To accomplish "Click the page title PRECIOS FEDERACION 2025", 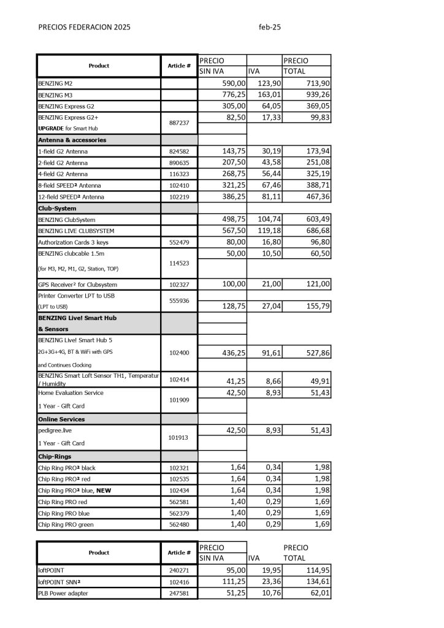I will [x=84, y=27].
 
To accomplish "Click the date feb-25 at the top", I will [x=270, y=27].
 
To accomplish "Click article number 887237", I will [x=179, y=123].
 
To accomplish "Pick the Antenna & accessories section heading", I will [x=72, y=140].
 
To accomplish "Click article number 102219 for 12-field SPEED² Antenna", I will [x=179, y=197].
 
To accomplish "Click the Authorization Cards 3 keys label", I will [x=74, y=243].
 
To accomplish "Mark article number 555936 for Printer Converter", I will [x=179, y=301].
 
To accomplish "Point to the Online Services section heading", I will [x=61, y=419].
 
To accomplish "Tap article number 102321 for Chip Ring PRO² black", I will [x=179, y=468].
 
